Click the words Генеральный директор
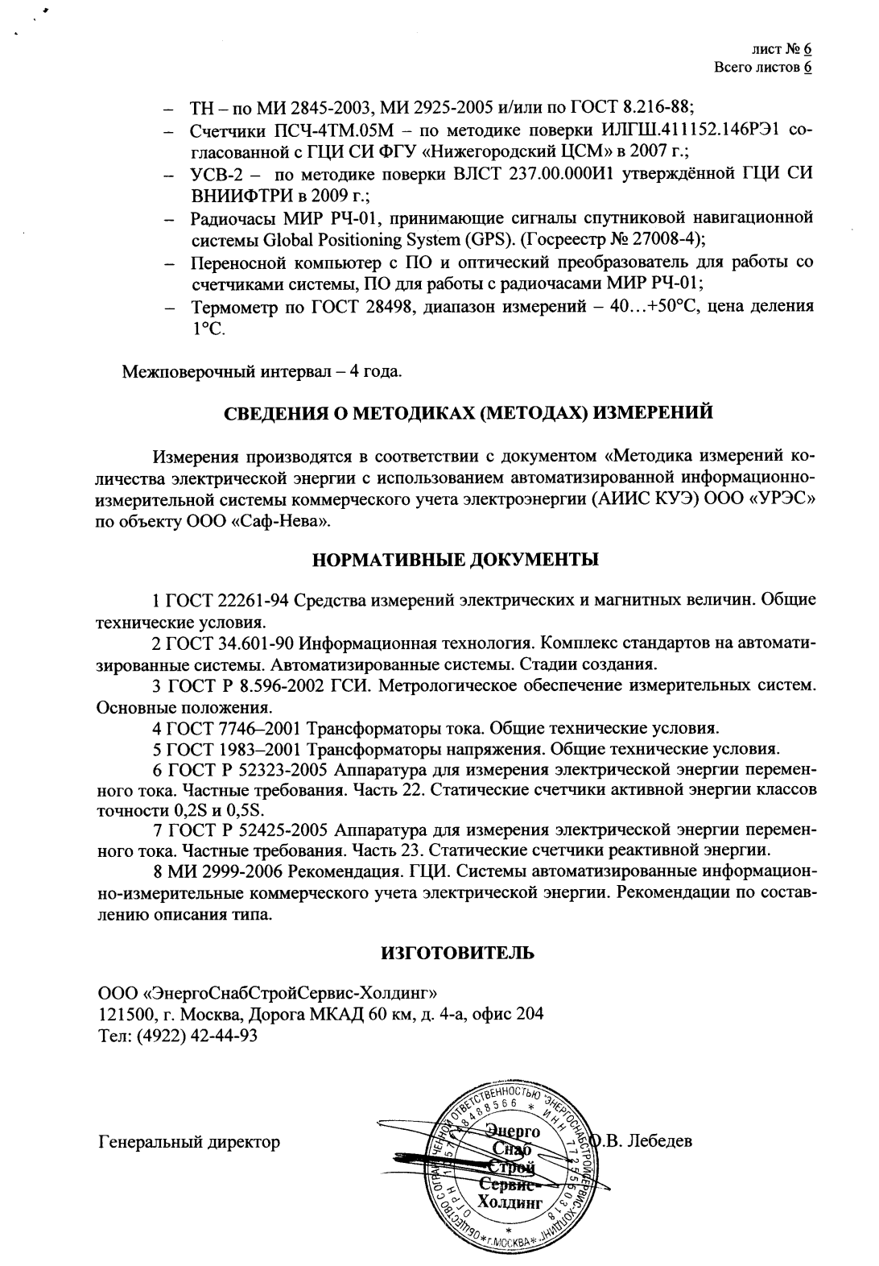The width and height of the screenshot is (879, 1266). (189, 1141)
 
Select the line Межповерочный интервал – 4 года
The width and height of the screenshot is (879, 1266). (262, 372)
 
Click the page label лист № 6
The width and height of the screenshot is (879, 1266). (780, 49)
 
